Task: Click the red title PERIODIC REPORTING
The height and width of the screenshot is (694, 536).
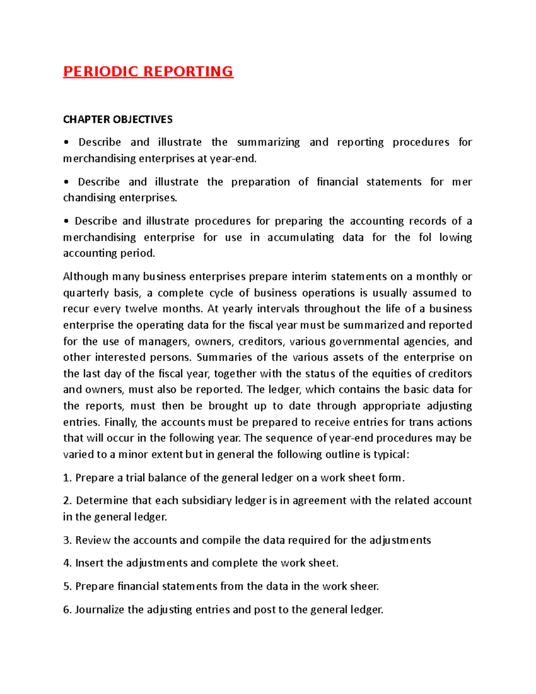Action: click(148, 72)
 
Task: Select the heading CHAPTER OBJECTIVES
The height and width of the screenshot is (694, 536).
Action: click(117, 119)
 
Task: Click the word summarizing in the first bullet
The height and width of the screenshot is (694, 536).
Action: click(268, 143)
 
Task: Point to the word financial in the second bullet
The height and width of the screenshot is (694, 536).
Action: click(337, 182)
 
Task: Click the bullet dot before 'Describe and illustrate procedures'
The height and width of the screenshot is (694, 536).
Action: click(66, 222)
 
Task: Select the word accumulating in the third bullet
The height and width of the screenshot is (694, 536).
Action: click(300, 237)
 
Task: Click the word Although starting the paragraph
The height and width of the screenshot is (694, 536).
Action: click(85, 277)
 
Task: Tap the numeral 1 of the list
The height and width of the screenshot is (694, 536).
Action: click(66, 478)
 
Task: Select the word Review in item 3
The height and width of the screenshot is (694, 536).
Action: click(92, 540)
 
